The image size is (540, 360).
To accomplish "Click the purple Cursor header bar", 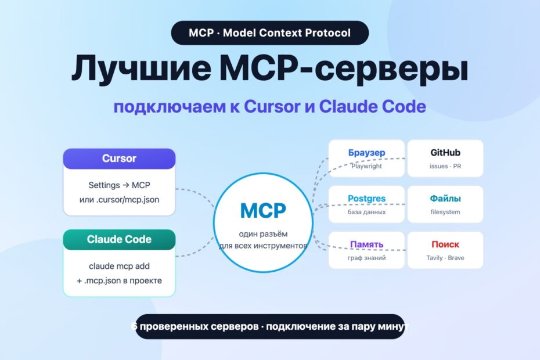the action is (119, 159).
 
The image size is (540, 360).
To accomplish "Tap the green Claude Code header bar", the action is (119, 239).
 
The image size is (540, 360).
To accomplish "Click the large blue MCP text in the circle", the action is (263, 211).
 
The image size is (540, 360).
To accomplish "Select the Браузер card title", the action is (366, 153).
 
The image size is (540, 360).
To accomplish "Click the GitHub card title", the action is (445, 153).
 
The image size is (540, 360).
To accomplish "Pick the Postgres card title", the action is (366, 199).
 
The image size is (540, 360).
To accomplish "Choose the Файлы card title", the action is (445, 199).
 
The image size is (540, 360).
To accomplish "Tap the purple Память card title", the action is (366, 244).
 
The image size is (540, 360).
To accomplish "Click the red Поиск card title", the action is (445, 244).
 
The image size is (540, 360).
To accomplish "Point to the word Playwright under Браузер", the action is (366, 166).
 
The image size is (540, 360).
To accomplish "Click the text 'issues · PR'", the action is (445, 166).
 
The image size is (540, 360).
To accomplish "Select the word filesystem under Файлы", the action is (445, 212).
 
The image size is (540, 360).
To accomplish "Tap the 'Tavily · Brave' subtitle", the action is (445, 258).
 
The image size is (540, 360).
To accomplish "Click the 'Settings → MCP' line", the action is (119, 185).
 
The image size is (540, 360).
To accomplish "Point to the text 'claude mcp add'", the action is (119, 266).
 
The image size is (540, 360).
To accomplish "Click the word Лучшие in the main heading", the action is (141, 68).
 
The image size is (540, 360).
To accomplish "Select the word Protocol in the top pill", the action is (327, 33).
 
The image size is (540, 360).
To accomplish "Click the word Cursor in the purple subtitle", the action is (272, 106).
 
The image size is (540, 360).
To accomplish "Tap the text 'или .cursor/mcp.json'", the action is (119, 200).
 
